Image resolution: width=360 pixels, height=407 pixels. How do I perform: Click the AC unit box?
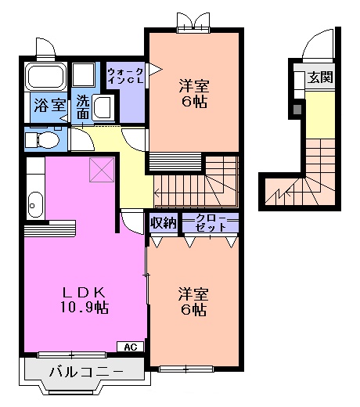[130, 347]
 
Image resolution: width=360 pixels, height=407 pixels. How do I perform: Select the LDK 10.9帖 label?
[85, 300]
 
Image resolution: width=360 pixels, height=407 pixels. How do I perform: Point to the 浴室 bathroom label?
[49, 104]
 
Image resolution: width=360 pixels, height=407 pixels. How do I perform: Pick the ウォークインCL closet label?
[125, 77]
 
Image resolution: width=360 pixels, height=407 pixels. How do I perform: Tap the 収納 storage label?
[164, 223]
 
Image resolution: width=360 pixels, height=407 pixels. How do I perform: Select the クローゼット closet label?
[210, 222]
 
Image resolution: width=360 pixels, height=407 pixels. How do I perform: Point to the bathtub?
[46, 77]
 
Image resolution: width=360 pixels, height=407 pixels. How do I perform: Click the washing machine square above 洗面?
[82, 77]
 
